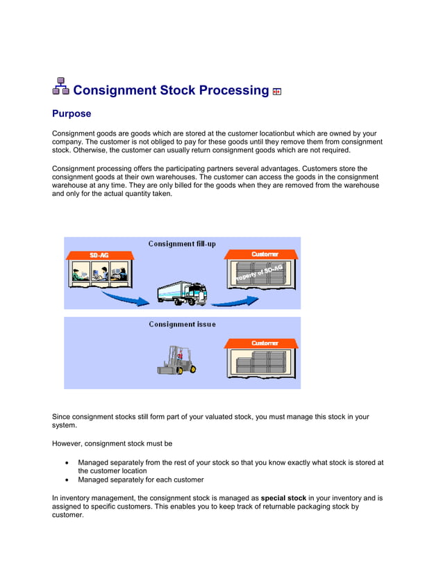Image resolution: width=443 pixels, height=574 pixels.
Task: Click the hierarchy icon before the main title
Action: (x=60, y=86)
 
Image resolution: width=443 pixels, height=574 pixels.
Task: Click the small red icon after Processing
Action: (x=277, y=92)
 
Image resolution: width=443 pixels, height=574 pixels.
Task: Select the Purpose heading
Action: (x=72, y=113)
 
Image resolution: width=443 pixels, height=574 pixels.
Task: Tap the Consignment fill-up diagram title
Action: (x=183, y=244)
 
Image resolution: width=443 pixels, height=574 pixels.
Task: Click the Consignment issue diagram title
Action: (x=182, y=324)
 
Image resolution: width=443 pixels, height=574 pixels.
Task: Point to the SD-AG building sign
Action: (x=99, y=255)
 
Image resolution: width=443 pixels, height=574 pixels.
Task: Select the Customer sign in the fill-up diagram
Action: (x=265, y=254)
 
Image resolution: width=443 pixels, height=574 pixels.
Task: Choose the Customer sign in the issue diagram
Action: (x=265, y=343)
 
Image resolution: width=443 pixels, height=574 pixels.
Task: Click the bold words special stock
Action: (x=283, y=498)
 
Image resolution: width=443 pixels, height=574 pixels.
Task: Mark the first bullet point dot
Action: (x=66, y=463)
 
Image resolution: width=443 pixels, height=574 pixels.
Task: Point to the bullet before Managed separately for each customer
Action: (x=66, y=480)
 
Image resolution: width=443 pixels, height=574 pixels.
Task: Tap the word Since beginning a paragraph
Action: (x=62, y=417)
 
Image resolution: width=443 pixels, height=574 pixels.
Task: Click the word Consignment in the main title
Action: (x=115, y=90)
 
